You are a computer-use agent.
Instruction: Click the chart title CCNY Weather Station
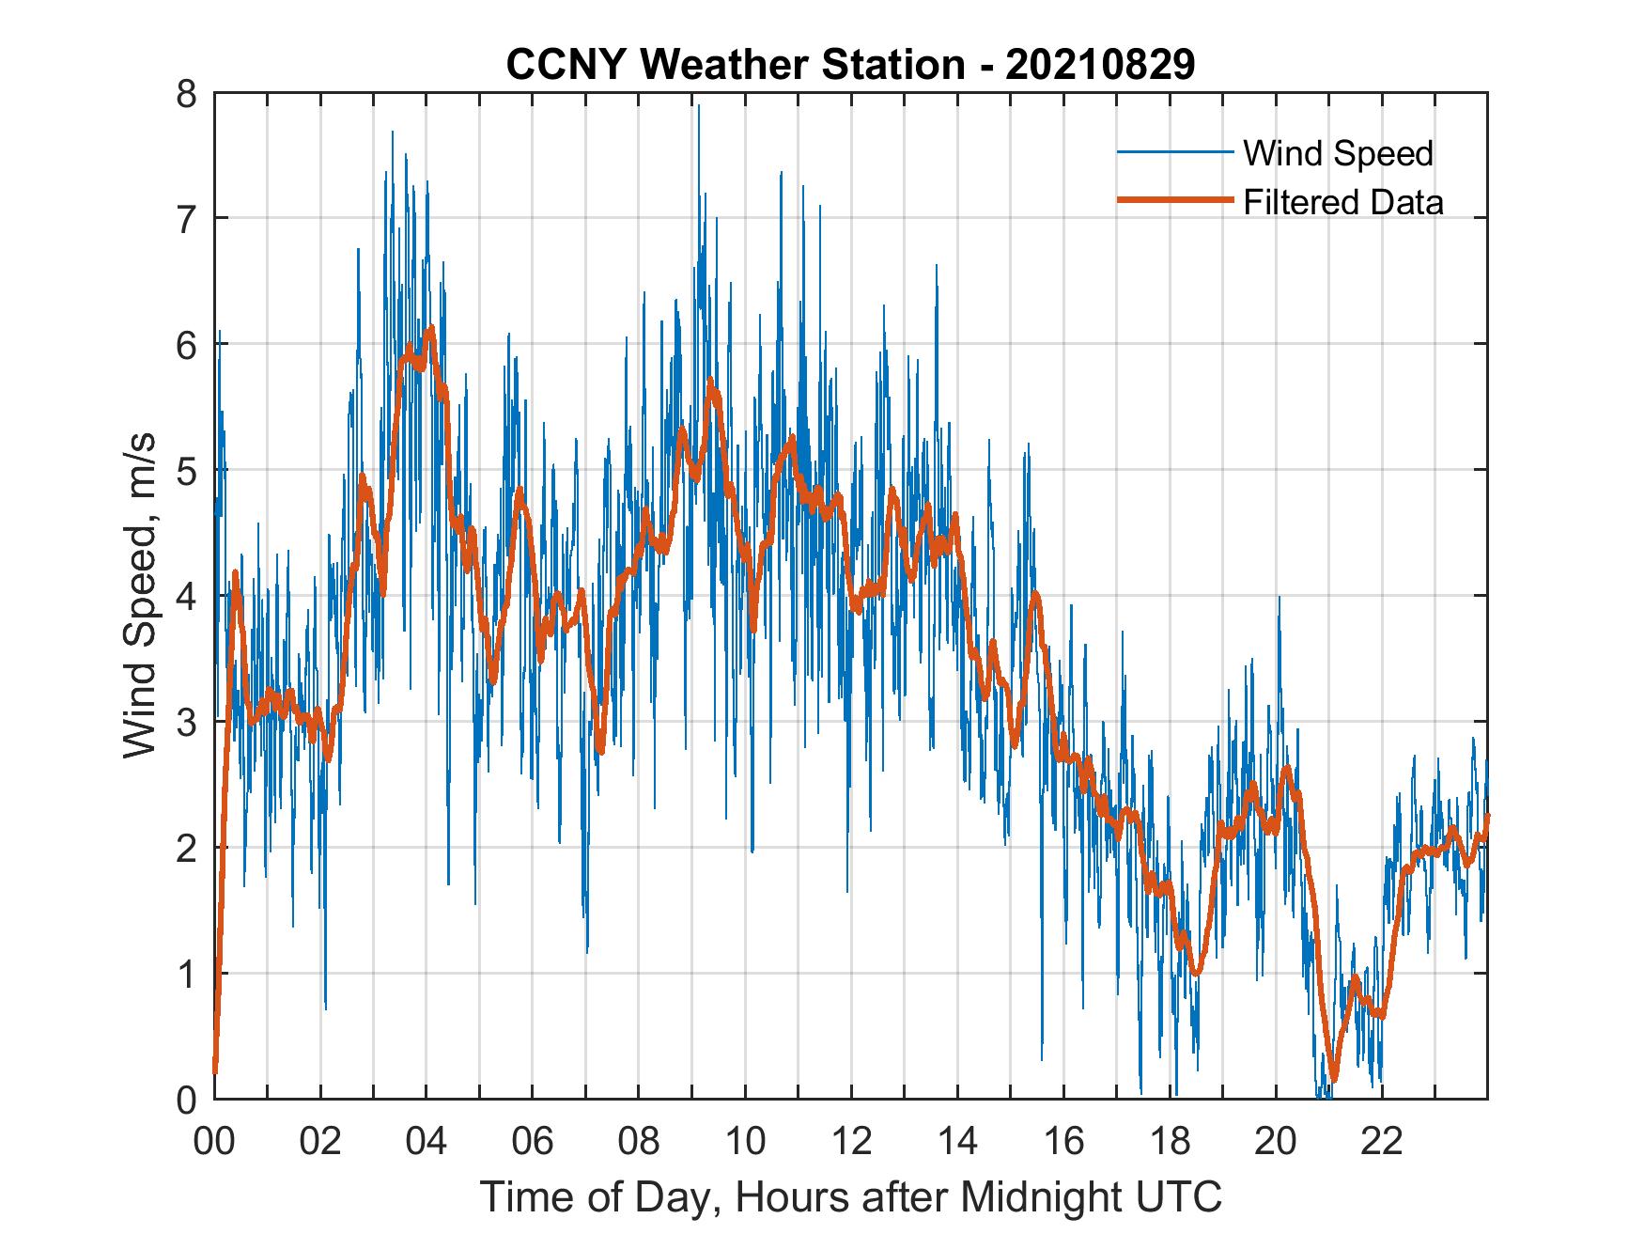click(x=735, y=65)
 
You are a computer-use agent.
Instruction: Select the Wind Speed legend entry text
click(x=1338, y=153)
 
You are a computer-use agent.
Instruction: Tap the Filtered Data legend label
click(x=1343, y=202)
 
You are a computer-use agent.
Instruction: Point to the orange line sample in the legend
click(x=1174, y=201)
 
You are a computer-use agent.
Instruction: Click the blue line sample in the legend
click(x=1174, y=152)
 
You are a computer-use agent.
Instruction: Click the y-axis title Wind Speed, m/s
click(x=140, y=596)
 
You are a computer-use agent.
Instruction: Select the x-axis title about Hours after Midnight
click(x=850, y=1196)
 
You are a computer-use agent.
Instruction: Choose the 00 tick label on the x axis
click(x=214, y=1142)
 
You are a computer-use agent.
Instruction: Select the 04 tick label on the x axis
click(x=427, y=1142)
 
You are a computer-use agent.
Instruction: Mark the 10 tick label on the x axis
click(x=745, y=1142)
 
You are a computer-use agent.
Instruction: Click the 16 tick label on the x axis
click(x=1063, y=1142)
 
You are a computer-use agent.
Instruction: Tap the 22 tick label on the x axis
click(x=1382, y=1142)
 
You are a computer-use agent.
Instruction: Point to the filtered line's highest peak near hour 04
click(x=430, y=328)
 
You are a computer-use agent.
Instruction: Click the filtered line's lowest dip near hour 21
click(x=1333, y=1079)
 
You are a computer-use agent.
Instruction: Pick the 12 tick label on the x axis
click(x=851, y=1142)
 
